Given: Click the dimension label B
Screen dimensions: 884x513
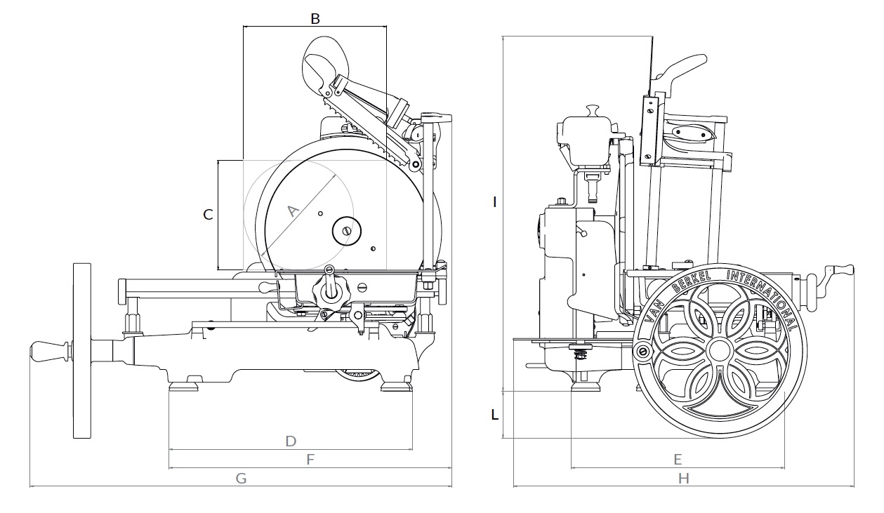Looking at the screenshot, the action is [x=315, y=18].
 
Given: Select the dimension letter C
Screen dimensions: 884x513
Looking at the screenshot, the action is [x=208, y=215].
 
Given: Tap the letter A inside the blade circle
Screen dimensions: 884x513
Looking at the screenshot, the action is [x=292, y=211].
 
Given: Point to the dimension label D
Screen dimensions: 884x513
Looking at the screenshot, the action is [x=291, y=441].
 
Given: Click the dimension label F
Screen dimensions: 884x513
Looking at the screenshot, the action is [x=310, y=460].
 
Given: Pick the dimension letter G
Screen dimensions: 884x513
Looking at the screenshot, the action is [x=241, y=479].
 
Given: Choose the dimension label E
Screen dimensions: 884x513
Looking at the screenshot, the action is [x=678, y=460].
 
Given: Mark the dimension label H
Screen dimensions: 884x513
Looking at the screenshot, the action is [x=684, y=479].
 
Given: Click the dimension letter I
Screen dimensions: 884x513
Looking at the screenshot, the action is [x=494, y=202].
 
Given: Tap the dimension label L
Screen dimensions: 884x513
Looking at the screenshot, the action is [x=495, y=415].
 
